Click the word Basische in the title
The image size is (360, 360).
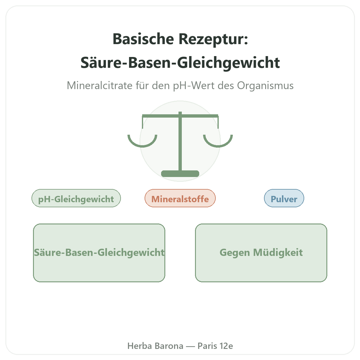point(143,39)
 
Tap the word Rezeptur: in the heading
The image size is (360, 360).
point(213,39)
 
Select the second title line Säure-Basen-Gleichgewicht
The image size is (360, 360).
point(180,63)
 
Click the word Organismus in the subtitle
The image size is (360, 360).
point(265,86)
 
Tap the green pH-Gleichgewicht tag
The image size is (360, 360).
point(76,198)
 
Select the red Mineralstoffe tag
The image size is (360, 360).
point(180,198)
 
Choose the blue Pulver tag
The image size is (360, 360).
point(284,198)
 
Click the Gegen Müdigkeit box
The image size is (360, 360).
point(261,253)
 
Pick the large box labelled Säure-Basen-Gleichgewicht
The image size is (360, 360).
point(99,253)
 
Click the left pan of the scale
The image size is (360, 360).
point(142,146)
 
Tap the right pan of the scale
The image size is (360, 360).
point(218,146)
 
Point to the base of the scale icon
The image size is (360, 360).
point(180,174)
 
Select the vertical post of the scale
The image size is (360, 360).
point(180,142)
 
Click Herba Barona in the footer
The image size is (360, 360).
point(155,346)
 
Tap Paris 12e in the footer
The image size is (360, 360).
point(215,346)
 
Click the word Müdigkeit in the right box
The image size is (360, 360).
point(278,253)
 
